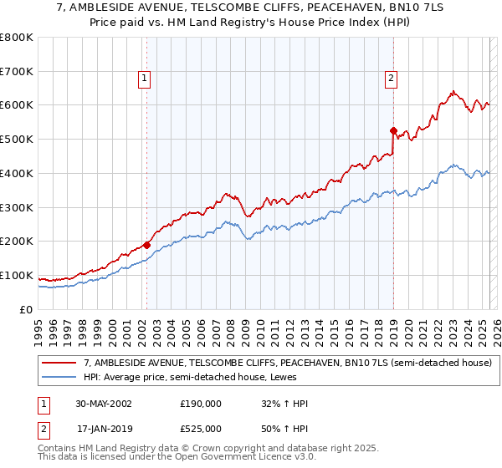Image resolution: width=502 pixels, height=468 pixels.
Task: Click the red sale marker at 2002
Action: [x=146, y=245]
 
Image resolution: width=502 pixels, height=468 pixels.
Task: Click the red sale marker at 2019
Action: [x=393, y=130]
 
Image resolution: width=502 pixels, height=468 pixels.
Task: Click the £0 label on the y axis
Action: [x=26, y=309]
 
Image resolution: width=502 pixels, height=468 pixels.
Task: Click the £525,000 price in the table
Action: [x=201, y=429]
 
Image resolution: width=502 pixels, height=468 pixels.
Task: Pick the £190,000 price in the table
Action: [x=201, y=404]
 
